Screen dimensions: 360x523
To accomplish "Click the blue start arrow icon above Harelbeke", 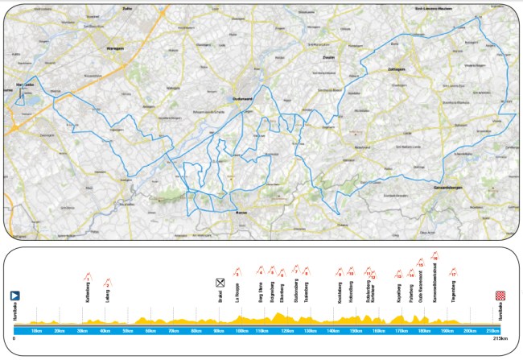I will click(14, 296).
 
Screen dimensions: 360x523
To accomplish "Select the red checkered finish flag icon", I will click(500, 296).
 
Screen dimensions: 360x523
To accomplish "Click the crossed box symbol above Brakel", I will click(220, 282).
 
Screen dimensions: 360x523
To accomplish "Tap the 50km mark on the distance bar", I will click(127, 330).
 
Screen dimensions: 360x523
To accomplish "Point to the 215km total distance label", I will click(500, 337).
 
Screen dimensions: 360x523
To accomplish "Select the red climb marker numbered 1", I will click(87, 279).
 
